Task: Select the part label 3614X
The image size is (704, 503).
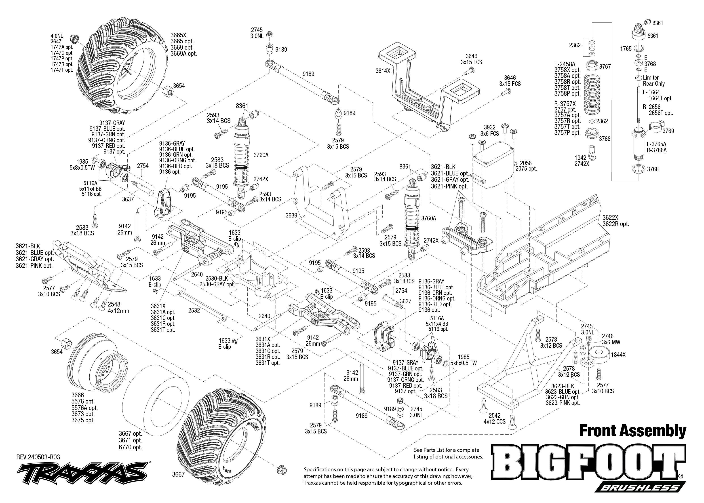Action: click(383, 71)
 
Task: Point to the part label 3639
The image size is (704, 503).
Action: click(291, 215)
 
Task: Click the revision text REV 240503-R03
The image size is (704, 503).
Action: click(38, 457)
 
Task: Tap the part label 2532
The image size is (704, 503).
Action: click(194, 310)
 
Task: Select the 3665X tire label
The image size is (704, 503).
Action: click(178, 35)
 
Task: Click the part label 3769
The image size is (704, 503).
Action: click(668, 131)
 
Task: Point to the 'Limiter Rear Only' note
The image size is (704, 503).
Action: click(653, 80)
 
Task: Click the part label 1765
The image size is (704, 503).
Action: click(626, 49)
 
